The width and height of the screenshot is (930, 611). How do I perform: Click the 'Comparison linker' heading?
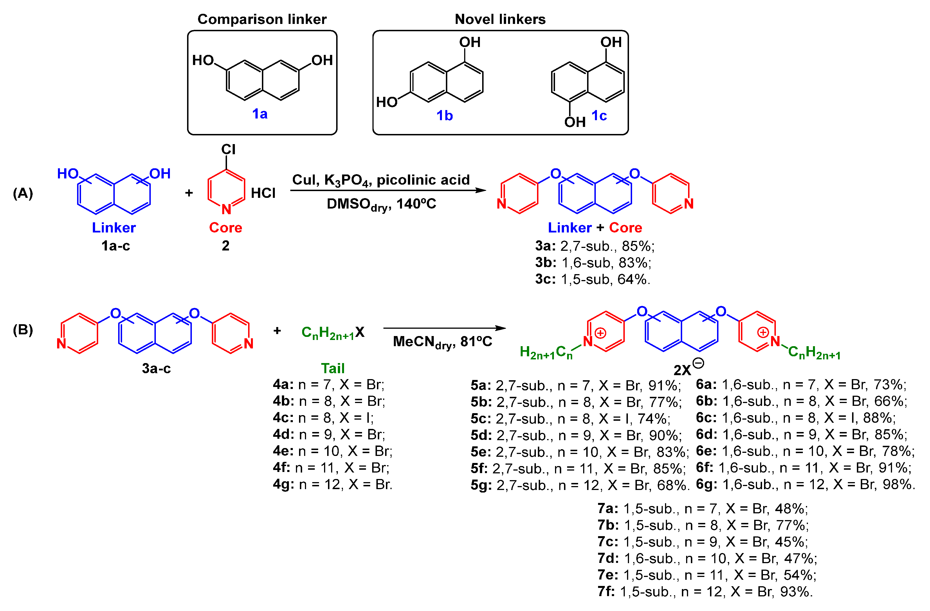tap(262, 19)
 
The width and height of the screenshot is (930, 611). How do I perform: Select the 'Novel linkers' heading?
tap(500, 19)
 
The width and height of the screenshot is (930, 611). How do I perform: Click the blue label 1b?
tap(444, 116)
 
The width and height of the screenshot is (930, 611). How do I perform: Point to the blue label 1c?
tap(599, 116)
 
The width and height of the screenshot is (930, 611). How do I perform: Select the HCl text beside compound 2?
tap(263, 193)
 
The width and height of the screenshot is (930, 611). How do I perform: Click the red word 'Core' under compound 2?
tap(225, 227)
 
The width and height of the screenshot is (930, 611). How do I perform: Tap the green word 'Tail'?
tap(333, 368)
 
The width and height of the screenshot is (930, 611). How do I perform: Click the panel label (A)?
tap(23, 193)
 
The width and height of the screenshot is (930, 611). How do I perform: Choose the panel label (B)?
tap(23, 330)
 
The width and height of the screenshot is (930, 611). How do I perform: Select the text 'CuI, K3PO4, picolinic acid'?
tap(381, 180)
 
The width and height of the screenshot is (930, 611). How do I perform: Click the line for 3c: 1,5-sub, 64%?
tap(592, 279)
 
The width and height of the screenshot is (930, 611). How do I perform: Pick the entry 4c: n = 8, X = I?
tap(323, 418)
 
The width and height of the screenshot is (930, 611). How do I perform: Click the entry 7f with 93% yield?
tap(705, 592)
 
